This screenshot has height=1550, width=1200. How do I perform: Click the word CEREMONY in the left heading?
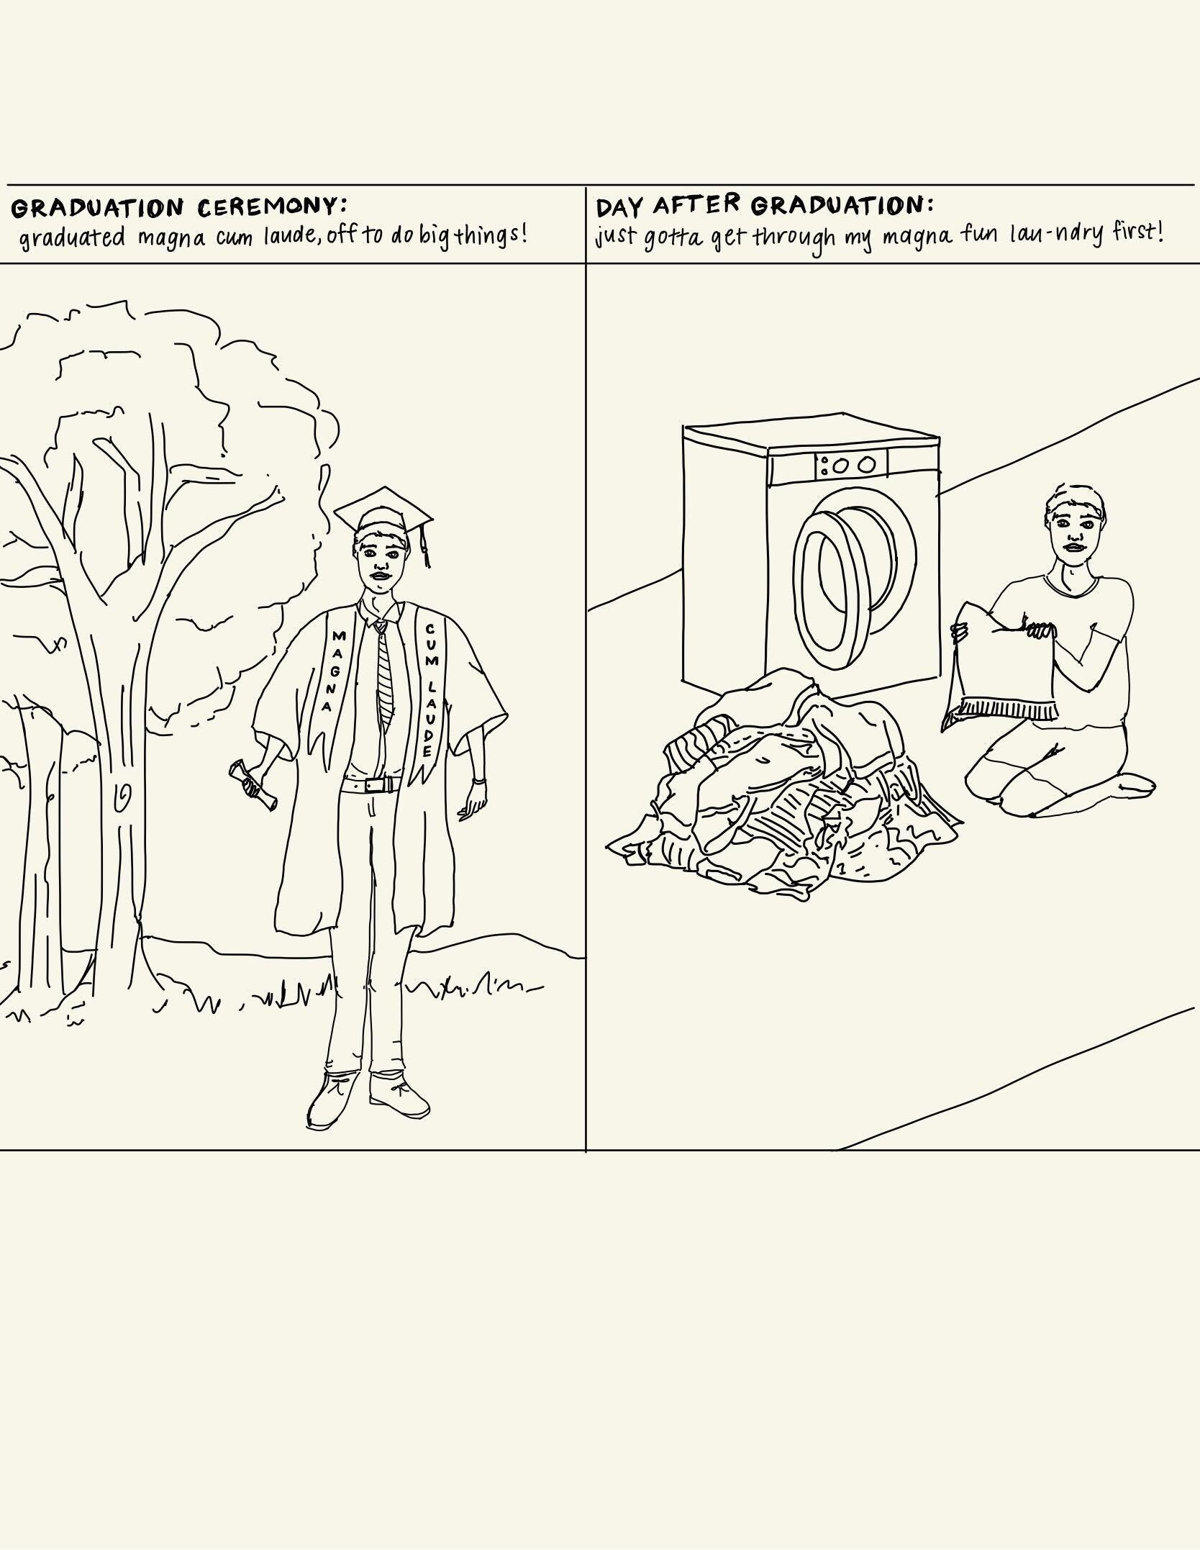point(265,207)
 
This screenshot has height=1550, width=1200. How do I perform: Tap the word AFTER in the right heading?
point(696,204)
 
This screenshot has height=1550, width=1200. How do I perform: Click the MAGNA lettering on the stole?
point(334,671)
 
